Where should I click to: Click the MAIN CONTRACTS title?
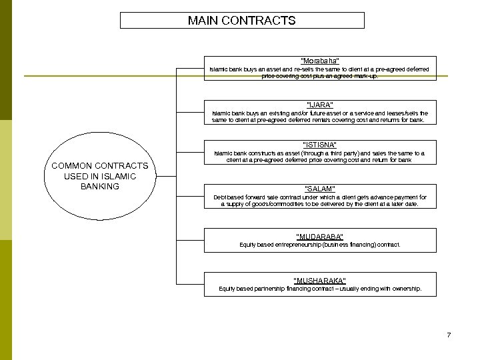click(241, 21)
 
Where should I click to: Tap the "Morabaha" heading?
click(320, 61)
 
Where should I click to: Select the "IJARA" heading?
click(320, 105)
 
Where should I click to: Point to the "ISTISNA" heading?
click(320, 145)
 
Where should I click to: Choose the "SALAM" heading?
click(320, 189)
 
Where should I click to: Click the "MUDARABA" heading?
click(320, 237)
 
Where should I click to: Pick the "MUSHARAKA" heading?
click(320, 281)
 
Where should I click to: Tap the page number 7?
click(449, 335)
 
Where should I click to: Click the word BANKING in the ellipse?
click(99, 187)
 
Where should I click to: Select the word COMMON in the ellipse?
click(73, 165)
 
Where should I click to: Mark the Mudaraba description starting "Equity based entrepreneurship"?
click(320, 245)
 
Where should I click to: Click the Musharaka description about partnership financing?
click(320, 289)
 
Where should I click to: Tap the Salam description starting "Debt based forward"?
click(320, 201)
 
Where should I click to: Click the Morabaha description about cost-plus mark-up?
click(320, 73)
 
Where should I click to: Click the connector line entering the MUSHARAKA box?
click(190, 284)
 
